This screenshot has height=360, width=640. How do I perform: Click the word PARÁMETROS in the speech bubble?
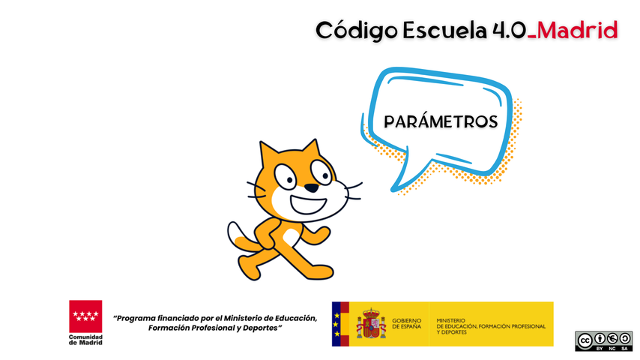pos(441,121)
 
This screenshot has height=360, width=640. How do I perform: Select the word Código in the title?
pos(356,31)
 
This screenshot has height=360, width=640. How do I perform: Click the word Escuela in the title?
pos(444,31)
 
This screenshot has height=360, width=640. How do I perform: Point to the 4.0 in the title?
pos(509,31)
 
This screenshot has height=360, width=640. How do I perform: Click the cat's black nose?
pos(312,188)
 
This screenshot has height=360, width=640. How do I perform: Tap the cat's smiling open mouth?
pos(308,204)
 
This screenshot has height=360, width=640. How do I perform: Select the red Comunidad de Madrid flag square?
pos(85,316)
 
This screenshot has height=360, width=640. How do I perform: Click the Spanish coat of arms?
pos(371,324)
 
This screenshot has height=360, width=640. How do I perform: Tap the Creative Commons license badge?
pos(604,341)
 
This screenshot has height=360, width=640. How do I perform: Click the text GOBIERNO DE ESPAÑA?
pos(406,324)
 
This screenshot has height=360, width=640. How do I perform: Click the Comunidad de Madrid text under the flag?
pos(85,340)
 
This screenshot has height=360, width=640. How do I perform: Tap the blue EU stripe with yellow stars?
pos(336,324)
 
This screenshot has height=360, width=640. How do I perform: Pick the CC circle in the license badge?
pos(585,340)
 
